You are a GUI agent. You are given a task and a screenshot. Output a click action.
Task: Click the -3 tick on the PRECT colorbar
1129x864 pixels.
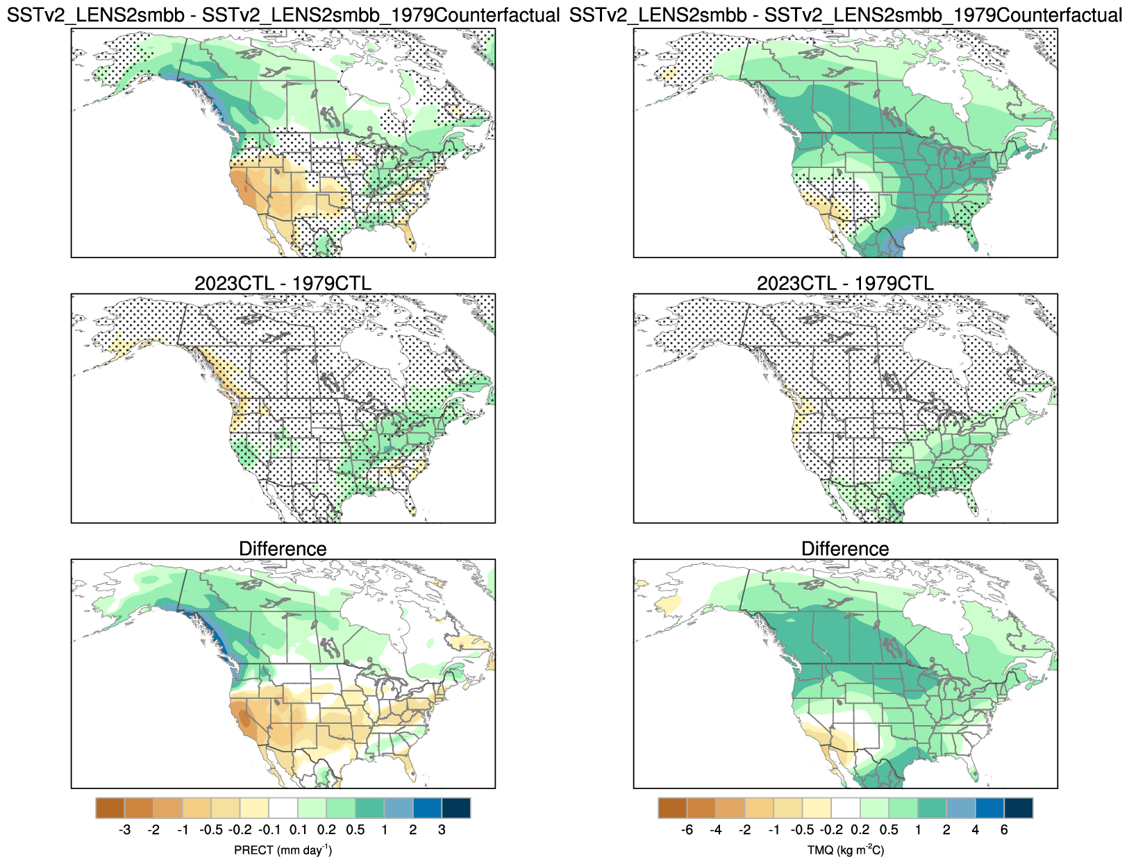tap(125, 829)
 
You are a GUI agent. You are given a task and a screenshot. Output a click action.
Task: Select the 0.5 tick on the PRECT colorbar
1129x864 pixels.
tap(356, 829)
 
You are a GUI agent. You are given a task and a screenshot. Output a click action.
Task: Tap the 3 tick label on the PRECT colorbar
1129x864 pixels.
tap(442, 829)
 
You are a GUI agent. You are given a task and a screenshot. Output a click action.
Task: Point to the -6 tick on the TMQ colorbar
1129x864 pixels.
tap(687, 829)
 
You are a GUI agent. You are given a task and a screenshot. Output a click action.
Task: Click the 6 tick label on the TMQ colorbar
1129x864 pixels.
tap(1004, 829)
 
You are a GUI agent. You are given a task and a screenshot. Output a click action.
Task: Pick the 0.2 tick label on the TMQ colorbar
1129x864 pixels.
tap(860, 829)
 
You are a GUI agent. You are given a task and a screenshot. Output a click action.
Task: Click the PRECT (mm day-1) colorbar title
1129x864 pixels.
tap(283, 850)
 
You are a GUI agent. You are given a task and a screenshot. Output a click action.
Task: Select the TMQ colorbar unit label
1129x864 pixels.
tap(845, 850)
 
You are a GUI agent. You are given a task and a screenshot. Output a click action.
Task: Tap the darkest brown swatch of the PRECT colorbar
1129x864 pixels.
tap(110, 808)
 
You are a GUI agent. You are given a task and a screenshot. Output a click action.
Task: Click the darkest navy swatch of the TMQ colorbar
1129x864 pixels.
tap(1019, 808)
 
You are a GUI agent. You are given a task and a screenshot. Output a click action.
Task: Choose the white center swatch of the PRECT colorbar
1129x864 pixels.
tap(283, 808)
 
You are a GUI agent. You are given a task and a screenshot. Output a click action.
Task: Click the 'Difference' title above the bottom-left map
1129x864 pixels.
tap(283, 549)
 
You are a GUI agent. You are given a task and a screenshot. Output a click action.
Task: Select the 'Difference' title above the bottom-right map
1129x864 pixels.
tap(845, 549)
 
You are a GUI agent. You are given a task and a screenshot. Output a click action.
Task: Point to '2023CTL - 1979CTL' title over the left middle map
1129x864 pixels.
tap(283, 283)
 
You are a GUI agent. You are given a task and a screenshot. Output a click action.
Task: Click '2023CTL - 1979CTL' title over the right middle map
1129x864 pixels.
tap(845, 283)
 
